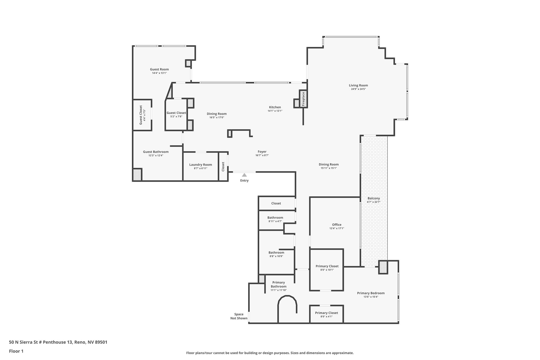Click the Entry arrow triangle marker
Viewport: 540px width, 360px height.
pyautogui.click(x=244, y=175)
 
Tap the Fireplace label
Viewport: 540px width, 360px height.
pyautogui.click(x=303, y=99)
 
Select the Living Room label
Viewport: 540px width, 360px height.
pyautogui.click(x=358, y=85)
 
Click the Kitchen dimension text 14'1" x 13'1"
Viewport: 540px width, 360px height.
pyautogui.click(x=275, y=111)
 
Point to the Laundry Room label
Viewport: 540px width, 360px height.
pyautogui.click(x=200, y=165)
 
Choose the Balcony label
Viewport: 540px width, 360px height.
pyautogui.click(x=374, y=198)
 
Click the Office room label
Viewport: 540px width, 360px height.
pyautogui.click(x=337, y=225)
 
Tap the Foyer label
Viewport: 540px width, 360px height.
pyautogui.click(x=262, y=152)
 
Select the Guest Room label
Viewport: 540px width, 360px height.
pyautogui.click(x=159, y=69)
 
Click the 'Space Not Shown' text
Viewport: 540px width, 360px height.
pyautogui.click(x=239, y=316)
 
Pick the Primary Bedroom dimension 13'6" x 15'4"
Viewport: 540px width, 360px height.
pyautogui.click(x=371, y=297)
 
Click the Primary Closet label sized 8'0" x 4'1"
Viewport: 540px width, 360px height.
pyautogui.click(x=326, y=313)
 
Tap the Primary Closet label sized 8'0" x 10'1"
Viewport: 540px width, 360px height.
pyautogui.click(x=327, y=266)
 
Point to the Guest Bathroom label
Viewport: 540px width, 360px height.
pyautogui.click(x=156, y=152)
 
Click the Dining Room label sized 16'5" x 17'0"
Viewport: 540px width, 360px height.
pyautogui.click(x=216, y=114)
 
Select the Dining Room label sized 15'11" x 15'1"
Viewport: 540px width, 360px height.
pyautogui.click(x=329, y=164)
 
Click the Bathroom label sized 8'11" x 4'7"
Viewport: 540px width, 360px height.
pyautogui.click(x=275, y=218)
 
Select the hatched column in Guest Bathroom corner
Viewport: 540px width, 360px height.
pyautogui.click(x=137, y=175)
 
